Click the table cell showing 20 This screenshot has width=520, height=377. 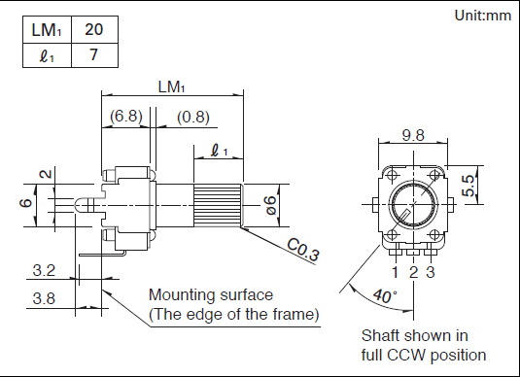click(x=94, y=29)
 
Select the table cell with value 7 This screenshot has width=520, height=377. click(x=94, y=55)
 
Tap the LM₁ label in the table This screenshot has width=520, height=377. click(x=47, y=30)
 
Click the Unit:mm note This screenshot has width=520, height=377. click(x=482, y=16)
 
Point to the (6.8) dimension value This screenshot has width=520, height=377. click(x=126, y=116)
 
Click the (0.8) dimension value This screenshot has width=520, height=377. click(x=193, y=117)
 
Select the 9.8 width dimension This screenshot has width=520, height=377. click(x=413, y=135)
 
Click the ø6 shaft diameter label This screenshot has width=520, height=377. click(x=271, y=205)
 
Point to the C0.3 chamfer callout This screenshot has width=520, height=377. click(x=303, y=250)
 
